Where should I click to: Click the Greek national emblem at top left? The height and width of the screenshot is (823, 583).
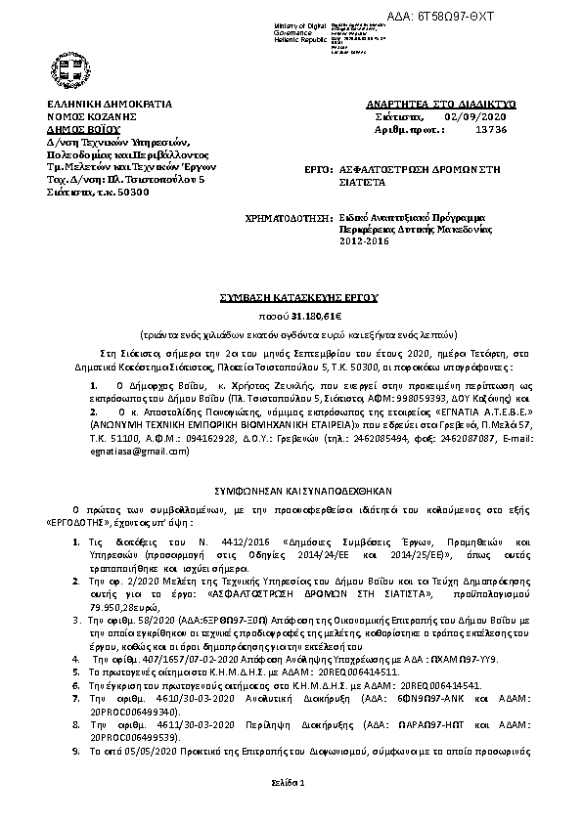click(x=69, y=68)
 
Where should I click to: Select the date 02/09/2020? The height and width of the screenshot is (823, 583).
click(x=468, y=115)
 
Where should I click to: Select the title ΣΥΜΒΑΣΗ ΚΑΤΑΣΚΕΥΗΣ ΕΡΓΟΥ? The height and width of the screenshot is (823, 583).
click(x=291, y=294)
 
